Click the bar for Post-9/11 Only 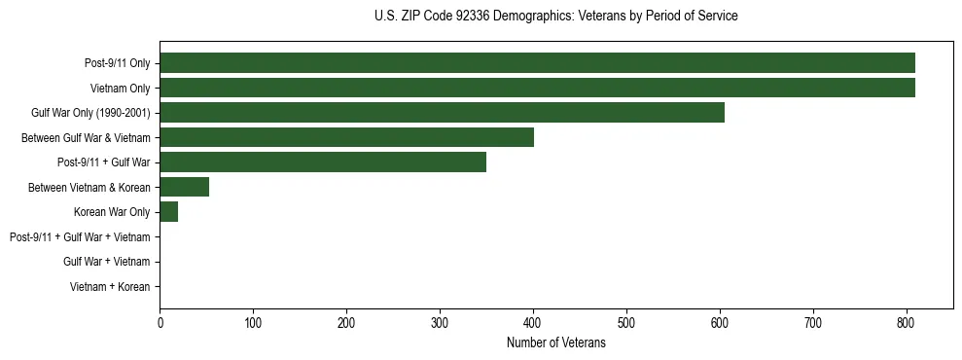(x=537, y=63)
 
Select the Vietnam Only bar (x=537, y=89)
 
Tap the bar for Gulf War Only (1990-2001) (x=442, y=113)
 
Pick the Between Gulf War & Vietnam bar (x=346, y=137)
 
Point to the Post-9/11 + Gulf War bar (x=323, y=162)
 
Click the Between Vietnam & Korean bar (x=184, y=187)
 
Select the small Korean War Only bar (x=169, y=212)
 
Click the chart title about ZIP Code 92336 (x=555, y=17)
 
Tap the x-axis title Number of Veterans (x=555, y=342)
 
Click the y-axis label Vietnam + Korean (x=110, y=287)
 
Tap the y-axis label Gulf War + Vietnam (x=106, y=262)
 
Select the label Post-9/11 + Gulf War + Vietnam (x=80, y=237)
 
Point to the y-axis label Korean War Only (x=112, y=212)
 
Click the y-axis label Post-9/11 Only (x=118, y=64)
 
